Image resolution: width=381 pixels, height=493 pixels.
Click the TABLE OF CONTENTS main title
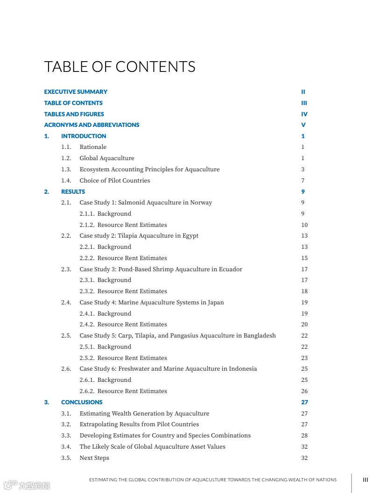120,67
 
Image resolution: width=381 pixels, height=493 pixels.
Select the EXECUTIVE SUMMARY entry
76,92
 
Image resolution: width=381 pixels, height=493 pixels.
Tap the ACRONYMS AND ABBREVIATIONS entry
92,125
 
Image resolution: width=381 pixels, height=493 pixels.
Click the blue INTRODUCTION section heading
84,136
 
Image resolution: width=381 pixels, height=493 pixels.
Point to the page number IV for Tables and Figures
304,114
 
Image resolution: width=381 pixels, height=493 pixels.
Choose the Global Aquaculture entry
107,158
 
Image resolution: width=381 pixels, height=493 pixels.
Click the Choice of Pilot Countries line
115,181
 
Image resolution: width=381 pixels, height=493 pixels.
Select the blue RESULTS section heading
73,192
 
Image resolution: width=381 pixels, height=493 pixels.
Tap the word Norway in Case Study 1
201,203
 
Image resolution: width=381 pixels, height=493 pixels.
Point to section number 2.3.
66,269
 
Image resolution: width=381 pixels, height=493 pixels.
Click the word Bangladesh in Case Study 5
260,336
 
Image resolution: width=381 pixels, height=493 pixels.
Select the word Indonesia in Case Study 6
243,369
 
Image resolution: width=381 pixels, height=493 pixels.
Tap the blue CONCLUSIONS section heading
82,402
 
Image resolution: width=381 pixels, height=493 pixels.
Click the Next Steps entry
94,458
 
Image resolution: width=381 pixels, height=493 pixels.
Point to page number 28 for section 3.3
304,436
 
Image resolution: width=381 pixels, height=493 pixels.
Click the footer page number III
366,479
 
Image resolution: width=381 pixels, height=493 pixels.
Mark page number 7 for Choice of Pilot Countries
303,181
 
